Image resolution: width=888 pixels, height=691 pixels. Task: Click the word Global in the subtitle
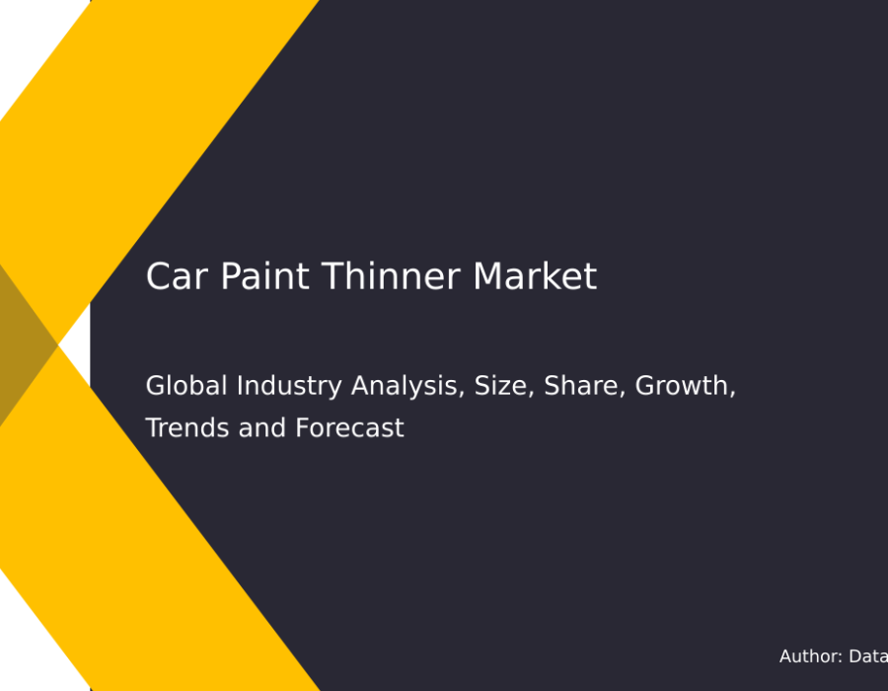tap(186, 385)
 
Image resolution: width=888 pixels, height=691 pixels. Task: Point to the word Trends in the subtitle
tap(187, 427)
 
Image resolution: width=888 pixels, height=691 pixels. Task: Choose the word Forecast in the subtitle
tap(349, 427)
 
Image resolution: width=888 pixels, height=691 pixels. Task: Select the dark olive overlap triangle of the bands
tap(23, 345)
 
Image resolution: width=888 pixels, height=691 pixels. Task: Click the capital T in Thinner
tap(333, 276)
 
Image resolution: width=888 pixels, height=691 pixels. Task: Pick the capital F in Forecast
tap(302, 427)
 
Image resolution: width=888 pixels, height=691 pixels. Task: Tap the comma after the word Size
tap(531, 393)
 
